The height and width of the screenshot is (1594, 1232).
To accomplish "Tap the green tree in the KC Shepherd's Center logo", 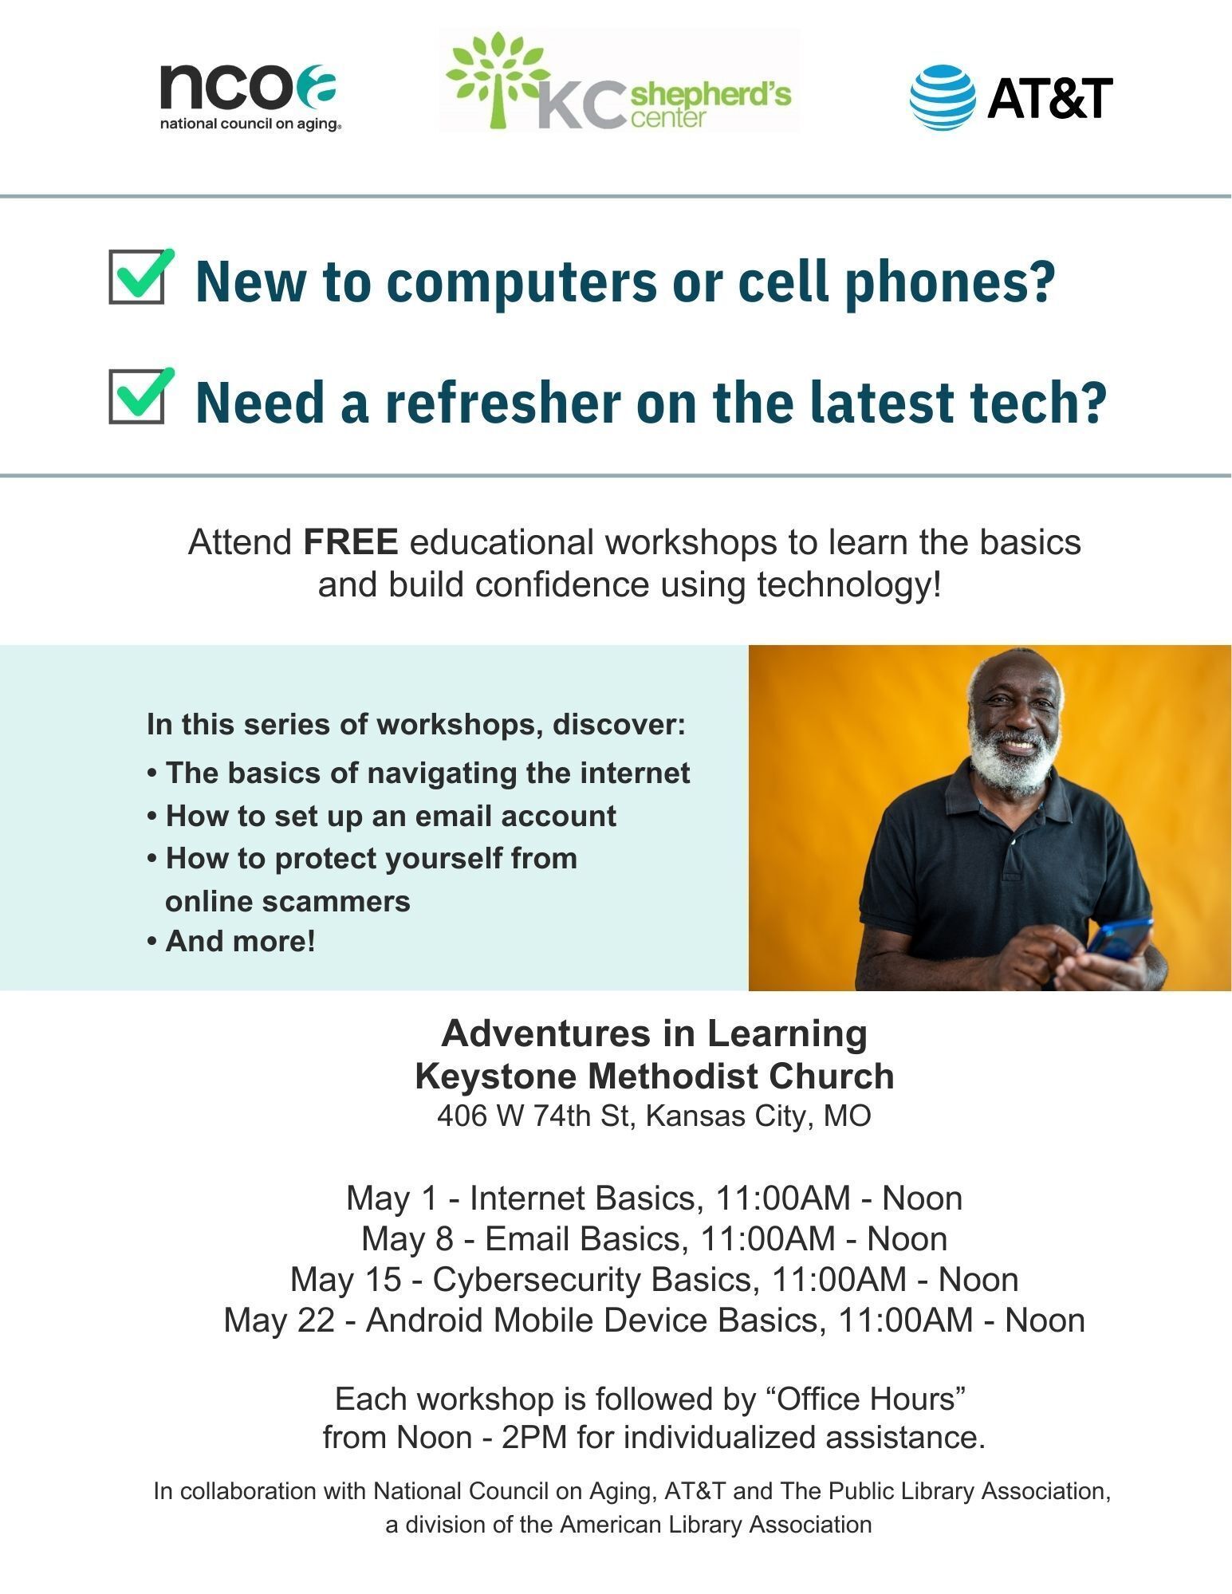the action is pos(497,78).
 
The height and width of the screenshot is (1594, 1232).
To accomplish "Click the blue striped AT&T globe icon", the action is pos(943,97).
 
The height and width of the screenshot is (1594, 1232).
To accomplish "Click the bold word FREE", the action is pos(351,542).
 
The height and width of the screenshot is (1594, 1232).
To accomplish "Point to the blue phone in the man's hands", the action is pos(1120,939).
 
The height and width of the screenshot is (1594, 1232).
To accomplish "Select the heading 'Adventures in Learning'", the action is pos(654,1033).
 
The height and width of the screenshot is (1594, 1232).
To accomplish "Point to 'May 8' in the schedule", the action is pos(407,1239).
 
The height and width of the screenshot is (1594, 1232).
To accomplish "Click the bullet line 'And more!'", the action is pos(231,942).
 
